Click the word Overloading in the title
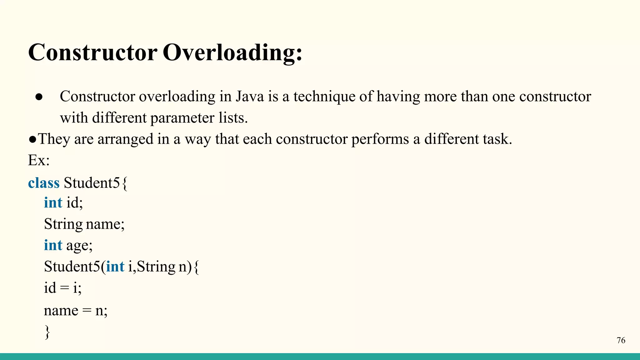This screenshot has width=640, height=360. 232,52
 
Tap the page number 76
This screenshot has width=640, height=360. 621,340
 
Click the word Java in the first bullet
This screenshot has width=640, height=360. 250,96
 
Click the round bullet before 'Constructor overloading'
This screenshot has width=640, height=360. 39,97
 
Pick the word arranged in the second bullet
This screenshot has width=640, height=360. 125,139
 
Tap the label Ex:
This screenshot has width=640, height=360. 39,160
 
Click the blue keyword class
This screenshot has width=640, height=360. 44,183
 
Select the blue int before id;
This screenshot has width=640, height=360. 53,202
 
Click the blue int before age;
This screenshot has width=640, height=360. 53,245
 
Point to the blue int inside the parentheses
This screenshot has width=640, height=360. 115,267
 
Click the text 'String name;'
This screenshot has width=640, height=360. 84,224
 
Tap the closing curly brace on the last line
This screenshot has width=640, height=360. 47,332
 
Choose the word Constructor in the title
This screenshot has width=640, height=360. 92,52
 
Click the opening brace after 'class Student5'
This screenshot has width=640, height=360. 124,183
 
